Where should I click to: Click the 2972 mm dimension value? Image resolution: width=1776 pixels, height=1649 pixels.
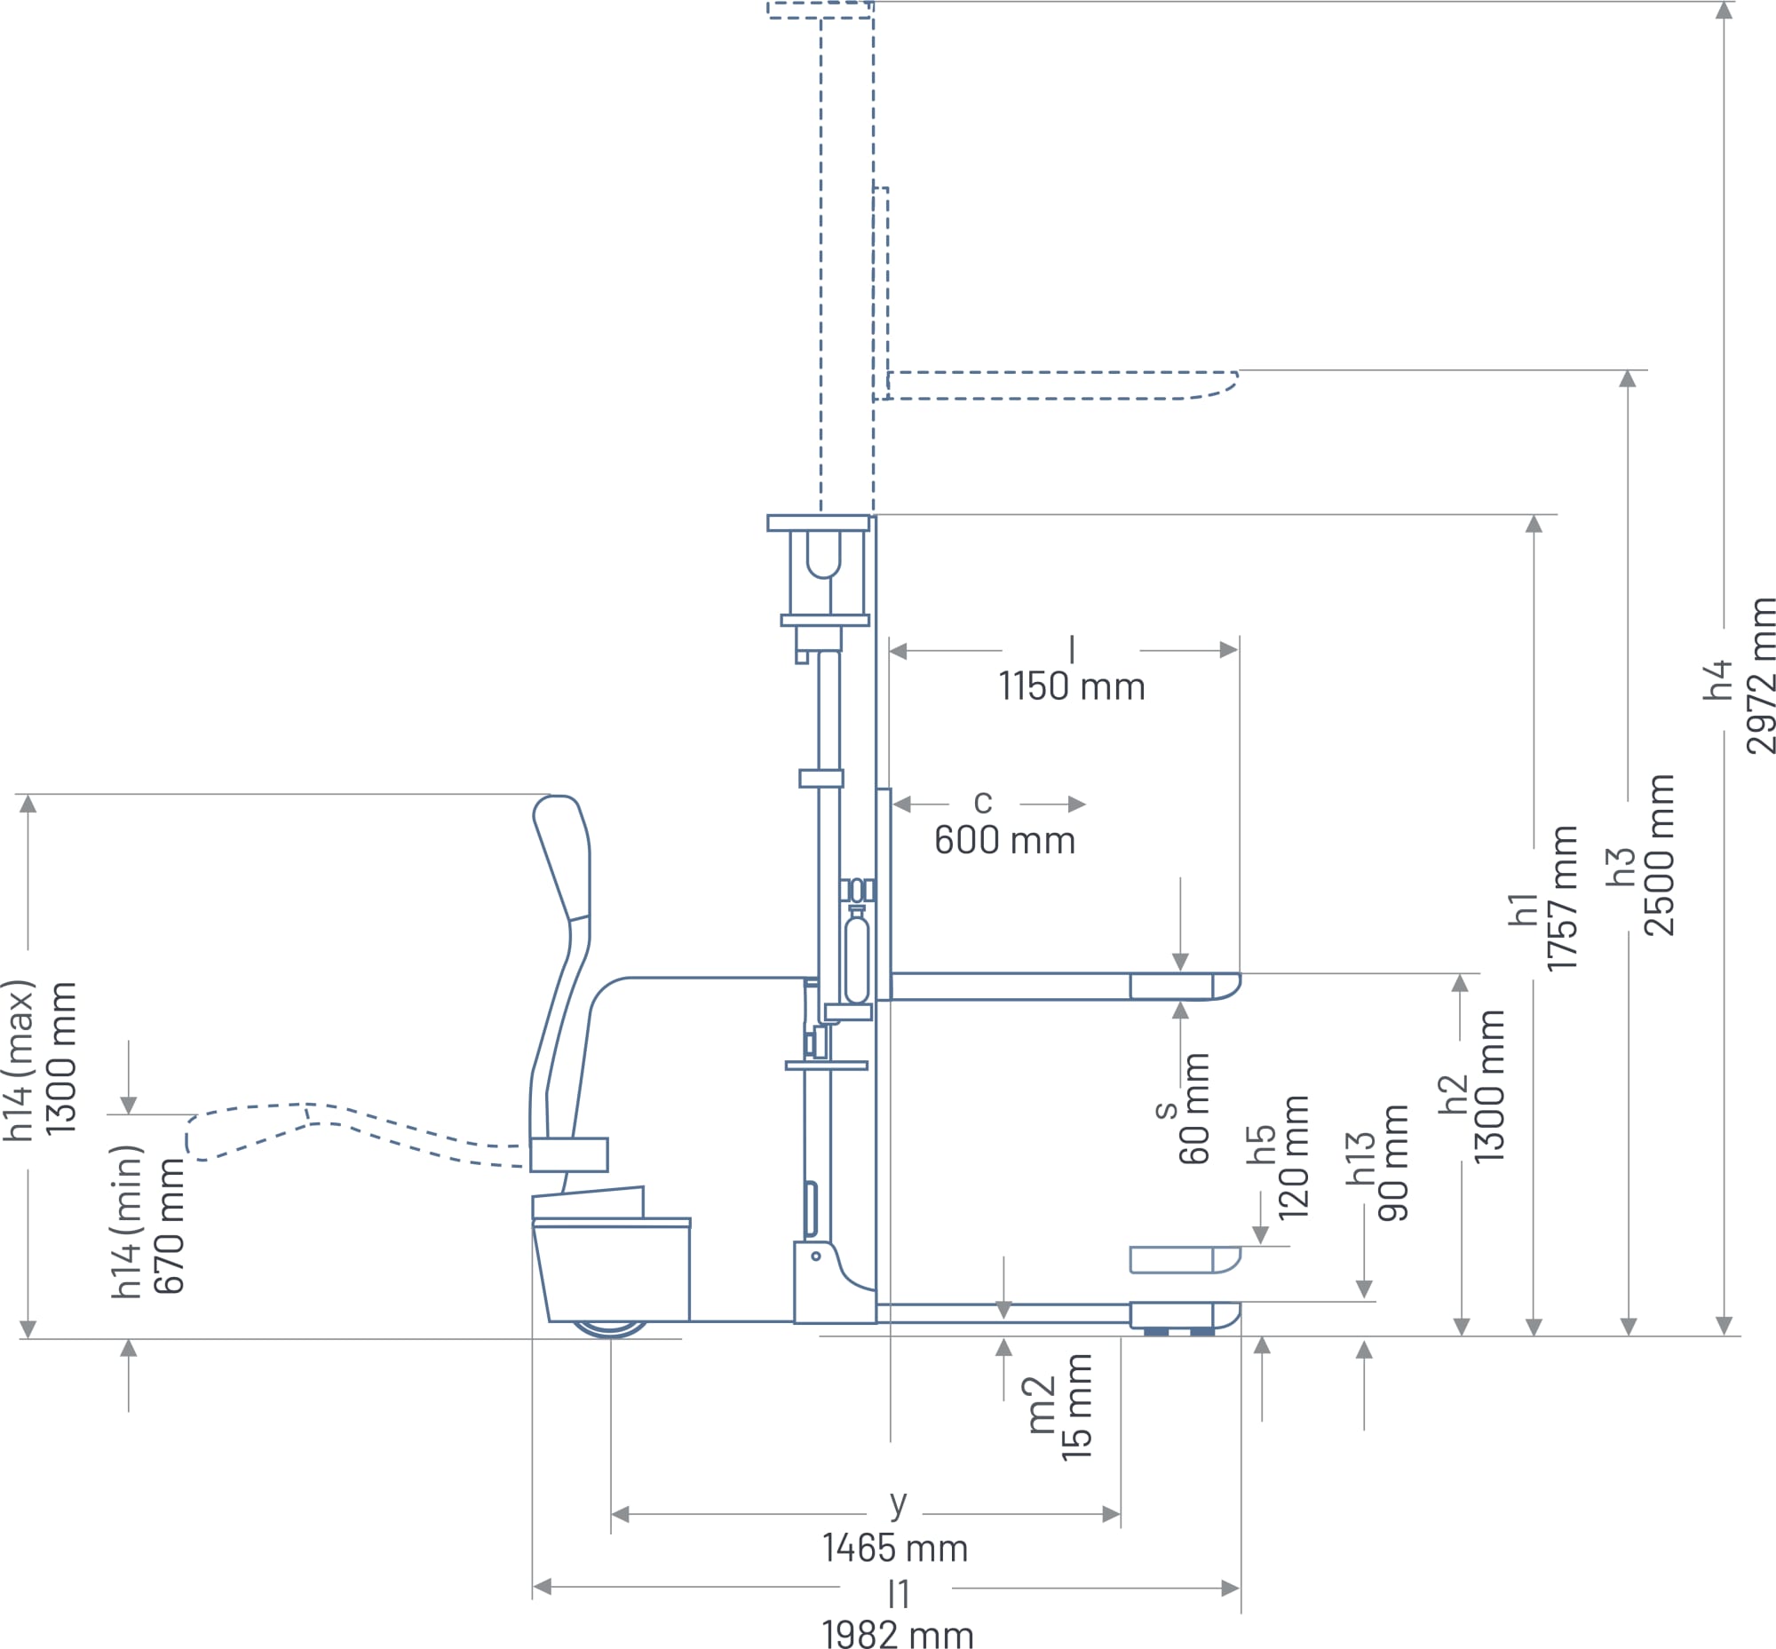tap(1761, 677)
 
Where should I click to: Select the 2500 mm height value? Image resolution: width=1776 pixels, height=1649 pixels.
tap(1659, 855)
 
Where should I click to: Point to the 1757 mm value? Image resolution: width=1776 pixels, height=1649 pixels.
tap(1563, 898)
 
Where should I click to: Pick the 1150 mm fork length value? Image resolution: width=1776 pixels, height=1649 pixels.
tap(1071, 687)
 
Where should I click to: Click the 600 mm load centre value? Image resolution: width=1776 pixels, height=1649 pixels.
tap(1004, 841)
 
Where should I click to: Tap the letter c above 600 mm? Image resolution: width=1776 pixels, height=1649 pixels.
tap(983, 801)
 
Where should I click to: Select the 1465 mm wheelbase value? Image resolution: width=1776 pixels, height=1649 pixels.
tap(894, 1548)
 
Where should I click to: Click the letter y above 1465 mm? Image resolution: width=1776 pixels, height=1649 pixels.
tap(898, 1502)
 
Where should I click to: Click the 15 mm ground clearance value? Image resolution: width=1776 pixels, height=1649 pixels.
tap(1076, 1407)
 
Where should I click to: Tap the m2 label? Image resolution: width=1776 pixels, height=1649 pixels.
tap(1041, 1406)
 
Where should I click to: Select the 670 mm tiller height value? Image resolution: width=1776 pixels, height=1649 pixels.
tap(169, 1226)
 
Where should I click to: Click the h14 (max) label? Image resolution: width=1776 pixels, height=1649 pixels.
tap(19, 1061)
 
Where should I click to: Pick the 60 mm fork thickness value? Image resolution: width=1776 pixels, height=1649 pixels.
tap(1194, 1108)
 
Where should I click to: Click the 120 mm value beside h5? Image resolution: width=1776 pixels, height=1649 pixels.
tap(1293, 1158)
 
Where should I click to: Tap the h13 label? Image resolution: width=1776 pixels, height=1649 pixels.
tap(1360, 1158)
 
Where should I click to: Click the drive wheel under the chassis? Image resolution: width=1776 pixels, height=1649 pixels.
tap(609, 1328)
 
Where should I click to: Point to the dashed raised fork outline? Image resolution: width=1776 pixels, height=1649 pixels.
tap(1062, 385)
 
